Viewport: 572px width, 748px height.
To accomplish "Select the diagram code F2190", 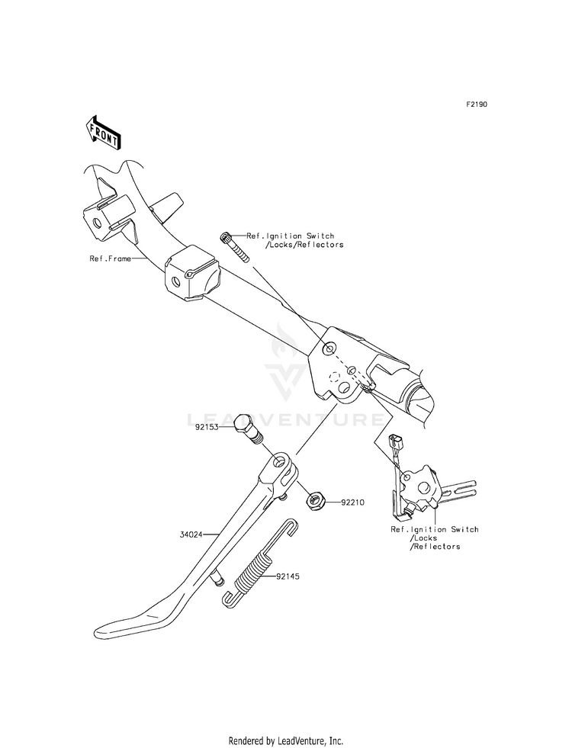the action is (477, 104).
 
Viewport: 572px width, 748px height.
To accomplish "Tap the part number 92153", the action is (206, 429).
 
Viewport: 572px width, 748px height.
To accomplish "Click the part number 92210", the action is (355, 502).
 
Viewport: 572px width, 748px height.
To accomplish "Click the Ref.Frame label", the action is (109, 258).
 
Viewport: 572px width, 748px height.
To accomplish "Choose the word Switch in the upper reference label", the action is (317, 236).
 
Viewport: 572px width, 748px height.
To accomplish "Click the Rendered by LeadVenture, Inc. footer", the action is (286, 740).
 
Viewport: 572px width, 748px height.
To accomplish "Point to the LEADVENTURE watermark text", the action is (286, 419).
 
